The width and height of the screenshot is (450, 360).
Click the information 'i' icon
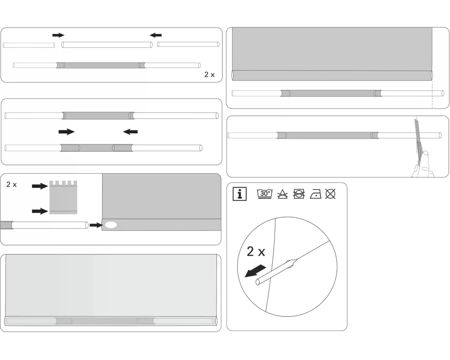240,194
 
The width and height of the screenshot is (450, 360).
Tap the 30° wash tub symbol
265,194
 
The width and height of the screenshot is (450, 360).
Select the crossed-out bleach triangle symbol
283,194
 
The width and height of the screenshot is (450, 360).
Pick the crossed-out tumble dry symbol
299,194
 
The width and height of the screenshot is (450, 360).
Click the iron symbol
315,194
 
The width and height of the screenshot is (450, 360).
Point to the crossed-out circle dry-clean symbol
330,194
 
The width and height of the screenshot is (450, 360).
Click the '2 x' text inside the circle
256,252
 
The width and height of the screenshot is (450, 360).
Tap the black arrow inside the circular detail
255,271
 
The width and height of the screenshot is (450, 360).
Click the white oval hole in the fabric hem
111,225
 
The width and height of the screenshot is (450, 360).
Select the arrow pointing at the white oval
96,225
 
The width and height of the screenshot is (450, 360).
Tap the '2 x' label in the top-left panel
210,75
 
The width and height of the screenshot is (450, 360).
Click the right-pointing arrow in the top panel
58,35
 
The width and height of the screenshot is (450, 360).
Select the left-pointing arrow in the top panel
156,35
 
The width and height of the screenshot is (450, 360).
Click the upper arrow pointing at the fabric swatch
40,186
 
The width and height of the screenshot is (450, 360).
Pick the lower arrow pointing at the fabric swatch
40,211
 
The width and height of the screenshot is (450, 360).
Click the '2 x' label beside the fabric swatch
12,184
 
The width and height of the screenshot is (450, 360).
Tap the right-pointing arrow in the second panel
67,132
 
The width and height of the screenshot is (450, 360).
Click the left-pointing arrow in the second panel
130,132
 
